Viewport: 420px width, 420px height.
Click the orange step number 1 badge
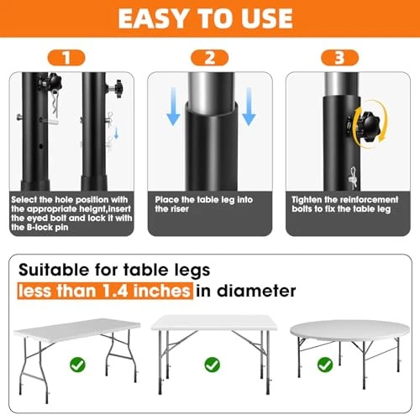click(x=66, y=58)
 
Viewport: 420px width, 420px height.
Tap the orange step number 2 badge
click(x=209, y=58)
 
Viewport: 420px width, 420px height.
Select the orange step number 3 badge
click(x=339, y=58)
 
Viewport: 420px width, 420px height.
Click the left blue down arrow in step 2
click(x=173, y=107)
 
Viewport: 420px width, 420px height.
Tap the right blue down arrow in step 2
click(x=249, y=107)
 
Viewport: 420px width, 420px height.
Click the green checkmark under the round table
click(x=325, y=365)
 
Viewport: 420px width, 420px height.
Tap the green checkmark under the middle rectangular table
click(x=213, y=365)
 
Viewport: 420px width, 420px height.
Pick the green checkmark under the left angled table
click(x=77, y=365)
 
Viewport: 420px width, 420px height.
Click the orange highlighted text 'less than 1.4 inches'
click(x=105, y=291)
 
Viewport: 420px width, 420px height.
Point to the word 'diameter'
click(x=256, y=291)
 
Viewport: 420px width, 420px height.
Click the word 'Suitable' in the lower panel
click(x=54, y=270)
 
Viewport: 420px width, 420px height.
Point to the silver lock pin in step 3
click(x=352, y=177)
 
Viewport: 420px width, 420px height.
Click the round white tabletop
click(x=350, y=331)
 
